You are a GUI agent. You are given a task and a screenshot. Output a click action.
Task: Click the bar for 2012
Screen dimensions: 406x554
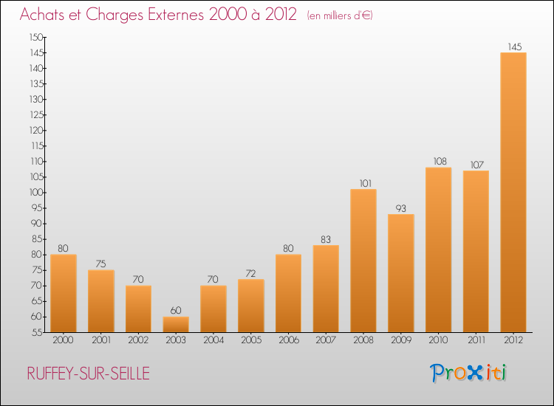click(x=513, y=192)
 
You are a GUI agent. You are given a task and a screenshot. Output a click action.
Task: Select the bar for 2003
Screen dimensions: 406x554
click(x=176, y=325)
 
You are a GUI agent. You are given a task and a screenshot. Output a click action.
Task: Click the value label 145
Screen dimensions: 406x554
click(x=514, y=47)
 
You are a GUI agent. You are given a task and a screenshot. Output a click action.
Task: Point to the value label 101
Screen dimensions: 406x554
click(x=363, y=183)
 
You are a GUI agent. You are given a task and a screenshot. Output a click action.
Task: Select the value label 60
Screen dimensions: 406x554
click(x=176, y=311)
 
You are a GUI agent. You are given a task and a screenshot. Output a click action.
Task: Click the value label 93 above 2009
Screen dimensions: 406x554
click(x=401, y=208)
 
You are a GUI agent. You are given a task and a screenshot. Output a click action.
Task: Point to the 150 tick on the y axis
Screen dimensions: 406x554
click(x=36, y=37)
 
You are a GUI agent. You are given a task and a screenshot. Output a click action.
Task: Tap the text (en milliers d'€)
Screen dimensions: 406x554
click(x=340, y=16)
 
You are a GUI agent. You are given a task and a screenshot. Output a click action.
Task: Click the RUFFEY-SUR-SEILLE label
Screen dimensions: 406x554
click(x=88, y=374)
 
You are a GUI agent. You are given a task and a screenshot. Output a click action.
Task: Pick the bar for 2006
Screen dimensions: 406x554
click(x=288, y=293)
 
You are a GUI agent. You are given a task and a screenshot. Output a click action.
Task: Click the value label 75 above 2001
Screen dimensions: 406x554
click(x=101, y=264)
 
